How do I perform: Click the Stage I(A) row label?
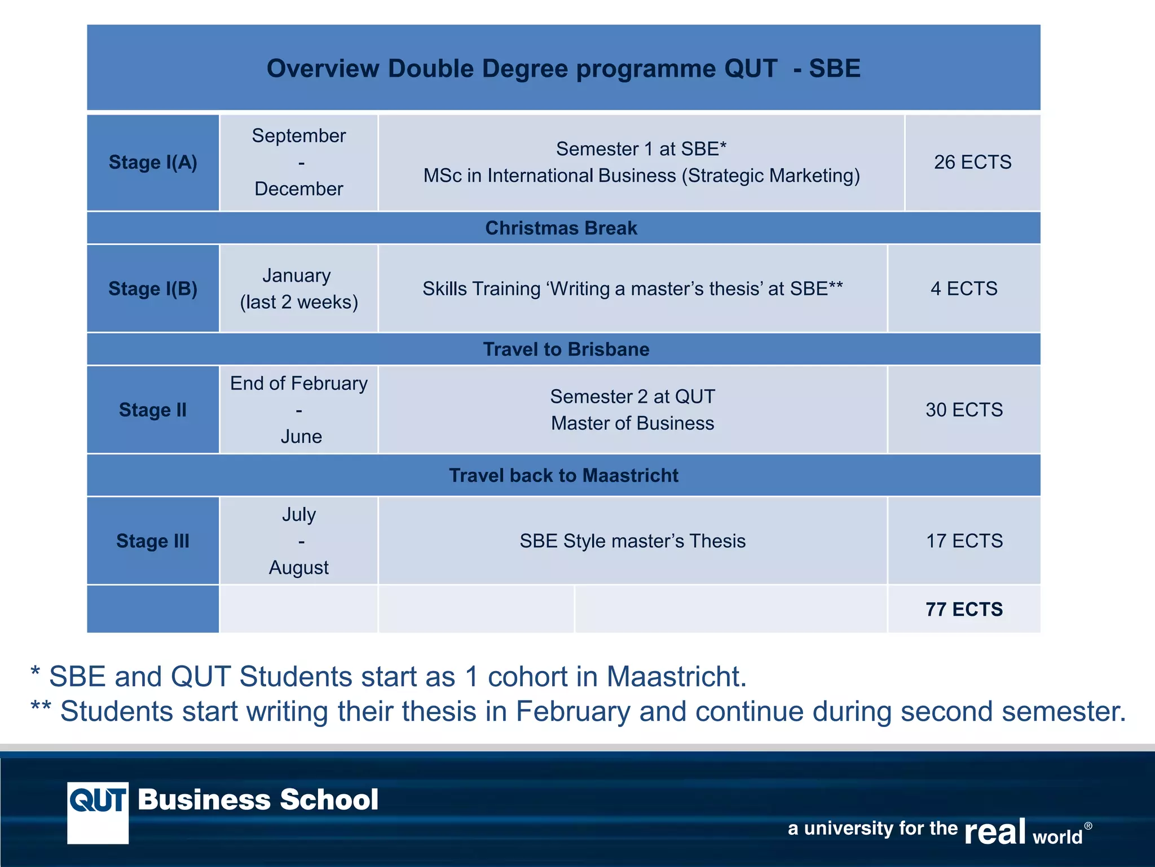pos(153,163)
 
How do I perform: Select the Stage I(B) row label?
pos(153,288)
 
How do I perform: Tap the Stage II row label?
pos(153,410)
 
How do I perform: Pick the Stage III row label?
pos(153,541)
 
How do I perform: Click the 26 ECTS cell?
pos(972,163)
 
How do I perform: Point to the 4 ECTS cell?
pos(964,288)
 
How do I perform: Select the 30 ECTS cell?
pos(964,410)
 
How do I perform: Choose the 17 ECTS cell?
pos(964,541)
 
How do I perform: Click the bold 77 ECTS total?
pos(964,609)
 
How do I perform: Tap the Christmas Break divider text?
pos(561,228)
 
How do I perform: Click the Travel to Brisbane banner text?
pos(566,349)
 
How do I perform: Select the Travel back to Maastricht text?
pos(563,475)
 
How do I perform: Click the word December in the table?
pos(298,189)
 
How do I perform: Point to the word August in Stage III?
pos(298,567)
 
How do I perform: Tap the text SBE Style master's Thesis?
pos(632,541)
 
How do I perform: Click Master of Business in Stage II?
pos(632,423)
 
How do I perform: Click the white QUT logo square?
pos(98,813)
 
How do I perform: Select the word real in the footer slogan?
pos(994,832)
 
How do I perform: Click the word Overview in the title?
pos(323,68)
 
